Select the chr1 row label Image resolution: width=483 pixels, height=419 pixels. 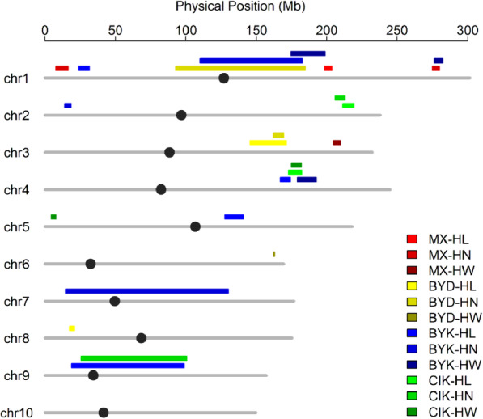[x=16, y=78]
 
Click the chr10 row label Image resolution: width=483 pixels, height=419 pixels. [x=16, y=413]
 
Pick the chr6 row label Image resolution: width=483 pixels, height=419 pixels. [x=16, y=265]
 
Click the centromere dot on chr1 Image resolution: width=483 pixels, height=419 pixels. [x=224, y=78]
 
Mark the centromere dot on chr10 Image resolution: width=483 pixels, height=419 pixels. [x=104, y=413]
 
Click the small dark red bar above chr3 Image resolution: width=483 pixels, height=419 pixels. [x=337, y=142]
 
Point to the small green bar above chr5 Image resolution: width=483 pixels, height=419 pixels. [x=53, y=217]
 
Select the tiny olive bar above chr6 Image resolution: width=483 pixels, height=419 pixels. [x=273, y=254]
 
